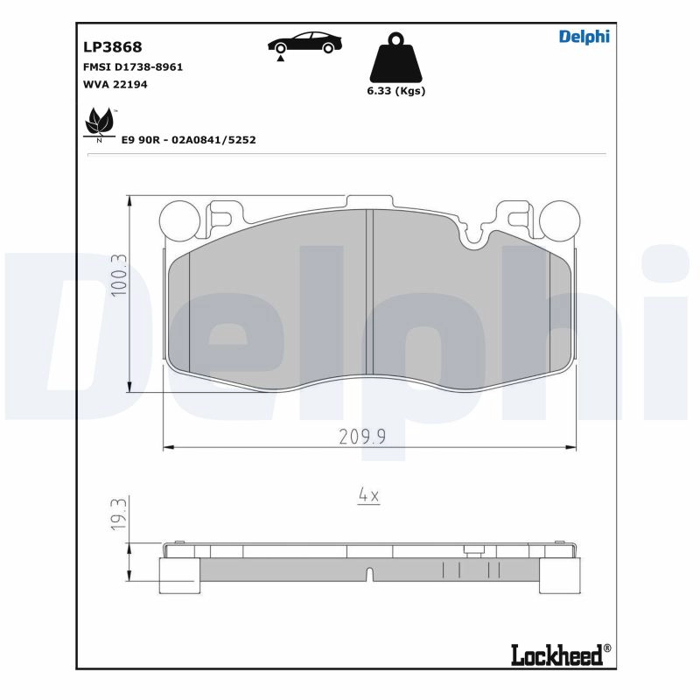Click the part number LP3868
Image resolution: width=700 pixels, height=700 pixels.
point(113,47)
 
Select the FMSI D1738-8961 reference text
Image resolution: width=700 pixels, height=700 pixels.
point(133,67)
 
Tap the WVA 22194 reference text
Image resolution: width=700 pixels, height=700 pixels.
point(115,84)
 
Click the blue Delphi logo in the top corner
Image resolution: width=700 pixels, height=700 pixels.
point(584,37)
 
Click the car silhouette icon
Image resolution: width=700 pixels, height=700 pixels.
point(304,43)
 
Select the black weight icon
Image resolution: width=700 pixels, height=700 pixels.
point(396,57)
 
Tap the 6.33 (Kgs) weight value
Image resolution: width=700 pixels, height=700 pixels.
point(396,91)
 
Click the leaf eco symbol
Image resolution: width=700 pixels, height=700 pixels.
point(101,124)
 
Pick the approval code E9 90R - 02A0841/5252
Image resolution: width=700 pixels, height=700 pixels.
point(189,140)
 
